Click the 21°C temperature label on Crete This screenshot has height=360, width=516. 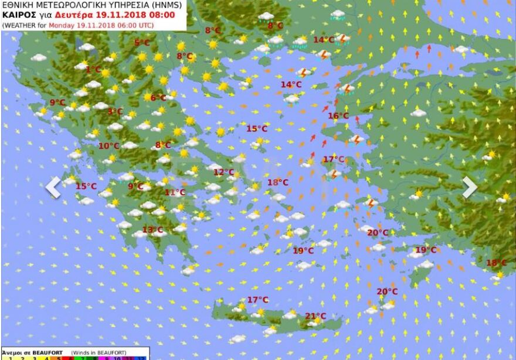315,316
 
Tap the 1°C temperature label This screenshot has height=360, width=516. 93,69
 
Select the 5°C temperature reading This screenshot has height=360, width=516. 142,42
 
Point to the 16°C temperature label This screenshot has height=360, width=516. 338,116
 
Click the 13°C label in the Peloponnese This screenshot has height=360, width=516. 152,230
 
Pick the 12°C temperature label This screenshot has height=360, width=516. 223,172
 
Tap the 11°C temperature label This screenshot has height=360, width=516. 175,192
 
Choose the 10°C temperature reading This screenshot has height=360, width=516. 108,146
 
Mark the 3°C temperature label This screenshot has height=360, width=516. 115,111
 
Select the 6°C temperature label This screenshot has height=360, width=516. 158,98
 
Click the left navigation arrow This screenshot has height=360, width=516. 53,187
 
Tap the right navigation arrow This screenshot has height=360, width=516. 470,187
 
